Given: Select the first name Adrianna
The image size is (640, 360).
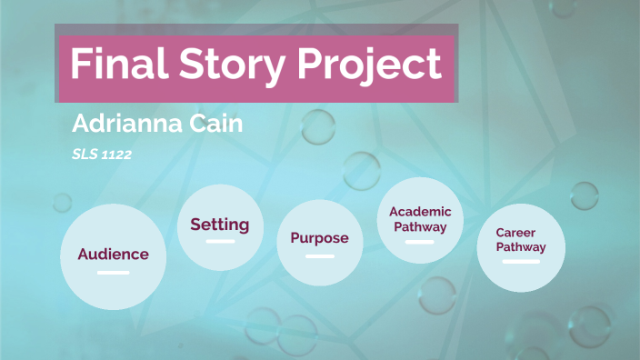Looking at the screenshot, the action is click(x=131, y=124).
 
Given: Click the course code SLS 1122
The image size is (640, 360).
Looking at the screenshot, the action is click(x=102, y=155).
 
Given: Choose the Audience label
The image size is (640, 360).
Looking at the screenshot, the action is click(x=113, y=254).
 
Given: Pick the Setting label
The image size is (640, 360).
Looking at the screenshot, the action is click(x=219, y=225).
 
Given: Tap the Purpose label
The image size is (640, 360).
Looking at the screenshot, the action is click(x=319, y=238).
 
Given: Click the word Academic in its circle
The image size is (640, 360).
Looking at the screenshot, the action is click(x=420, y=212).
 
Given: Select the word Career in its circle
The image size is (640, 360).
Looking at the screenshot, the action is click(x=516, y=233).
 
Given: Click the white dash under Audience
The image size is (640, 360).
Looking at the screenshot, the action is click(x=113, y=272).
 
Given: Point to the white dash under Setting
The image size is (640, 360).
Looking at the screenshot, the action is click(x=220, y=242).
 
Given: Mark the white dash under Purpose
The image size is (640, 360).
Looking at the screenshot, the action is click(x=319, y=256).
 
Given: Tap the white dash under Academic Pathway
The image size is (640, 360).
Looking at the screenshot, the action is click(x=420, y=242).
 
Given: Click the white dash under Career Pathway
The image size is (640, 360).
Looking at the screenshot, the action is click(x=521, y=262).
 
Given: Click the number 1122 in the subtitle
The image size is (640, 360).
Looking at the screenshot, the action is click(x=116, y=155).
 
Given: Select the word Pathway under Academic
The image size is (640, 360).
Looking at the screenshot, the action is click(x=420, y=227).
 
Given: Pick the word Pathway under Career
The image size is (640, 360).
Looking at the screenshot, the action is click(x=521, y=247).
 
